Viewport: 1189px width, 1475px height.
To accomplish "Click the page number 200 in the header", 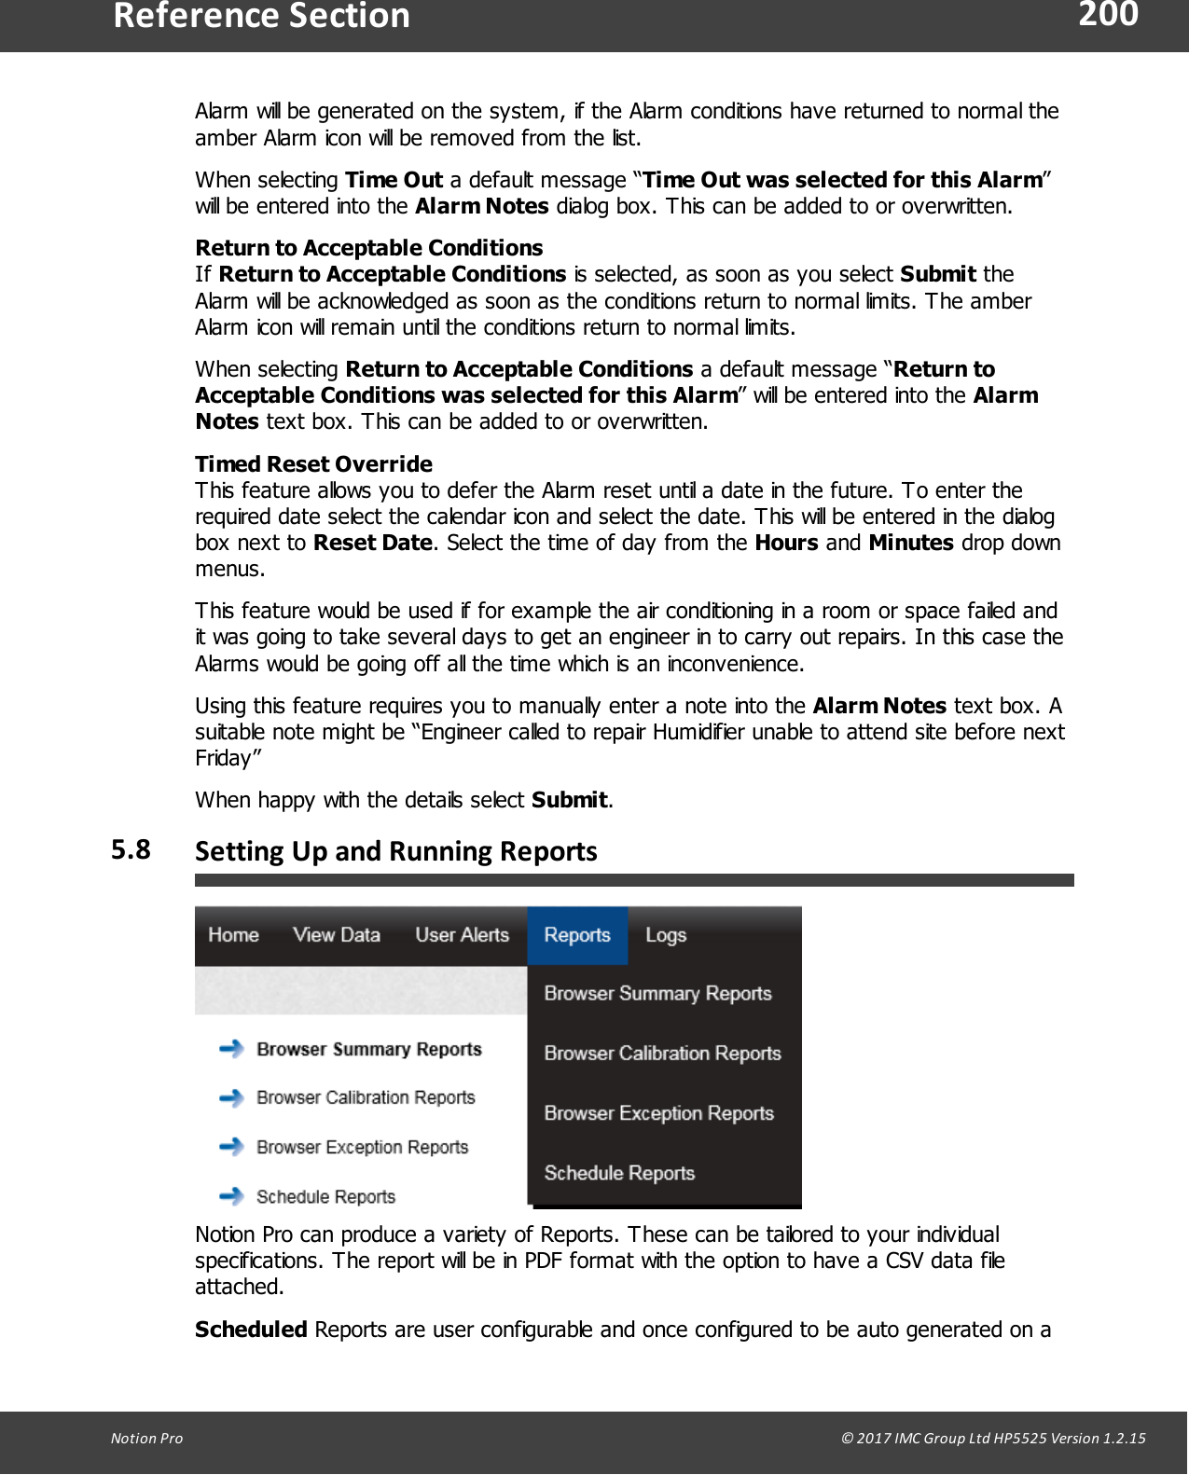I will point(1108,15).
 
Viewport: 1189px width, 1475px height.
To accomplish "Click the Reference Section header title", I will point(262,17).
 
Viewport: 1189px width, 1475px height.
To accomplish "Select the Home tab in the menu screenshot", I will point(233,935).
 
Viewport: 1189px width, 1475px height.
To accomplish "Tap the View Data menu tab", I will point(337,935).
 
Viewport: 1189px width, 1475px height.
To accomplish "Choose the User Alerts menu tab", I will point(462,935).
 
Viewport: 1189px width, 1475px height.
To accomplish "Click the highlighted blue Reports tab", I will point(577,935).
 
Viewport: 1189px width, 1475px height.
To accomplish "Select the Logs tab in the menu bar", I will point(666,935).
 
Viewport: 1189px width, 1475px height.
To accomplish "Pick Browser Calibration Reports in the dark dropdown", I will point(662,1054).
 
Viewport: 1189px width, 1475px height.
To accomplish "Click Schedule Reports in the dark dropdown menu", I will point(619,1173).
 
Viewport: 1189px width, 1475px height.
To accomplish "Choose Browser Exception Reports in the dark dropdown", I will point(658,1113).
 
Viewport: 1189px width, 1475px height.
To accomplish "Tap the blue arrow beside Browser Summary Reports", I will point(231,1049).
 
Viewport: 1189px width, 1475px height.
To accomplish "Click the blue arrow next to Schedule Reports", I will point(231,1195).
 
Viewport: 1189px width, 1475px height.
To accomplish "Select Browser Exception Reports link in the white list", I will point(362,1147).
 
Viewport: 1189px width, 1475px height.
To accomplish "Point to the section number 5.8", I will point(131,849).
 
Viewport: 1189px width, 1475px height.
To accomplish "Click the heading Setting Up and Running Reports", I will point(395,851).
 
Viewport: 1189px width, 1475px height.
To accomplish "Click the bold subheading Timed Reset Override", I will point(313,464).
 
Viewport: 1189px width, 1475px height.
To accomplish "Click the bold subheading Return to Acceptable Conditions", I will point(368,248).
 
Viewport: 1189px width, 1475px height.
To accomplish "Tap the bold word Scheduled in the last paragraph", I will point(251,1330).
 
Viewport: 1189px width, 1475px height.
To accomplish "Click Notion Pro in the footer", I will point(146,1438).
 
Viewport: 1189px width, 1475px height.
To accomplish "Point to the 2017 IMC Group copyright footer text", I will point(992,1438).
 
